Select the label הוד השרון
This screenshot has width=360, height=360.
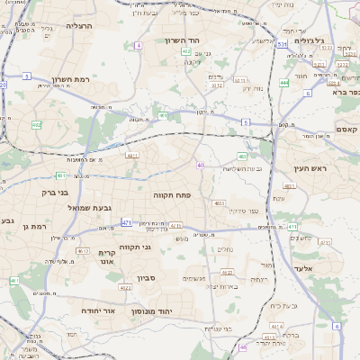186,40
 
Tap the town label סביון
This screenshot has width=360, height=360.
148,277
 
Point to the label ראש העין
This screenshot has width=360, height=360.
314,168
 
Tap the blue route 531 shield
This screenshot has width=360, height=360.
282,42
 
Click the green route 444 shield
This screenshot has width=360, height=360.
284,83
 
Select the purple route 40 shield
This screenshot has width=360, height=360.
200,165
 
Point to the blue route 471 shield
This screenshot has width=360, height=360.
127,222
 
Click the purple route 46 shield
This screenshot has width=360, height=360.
242,346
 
